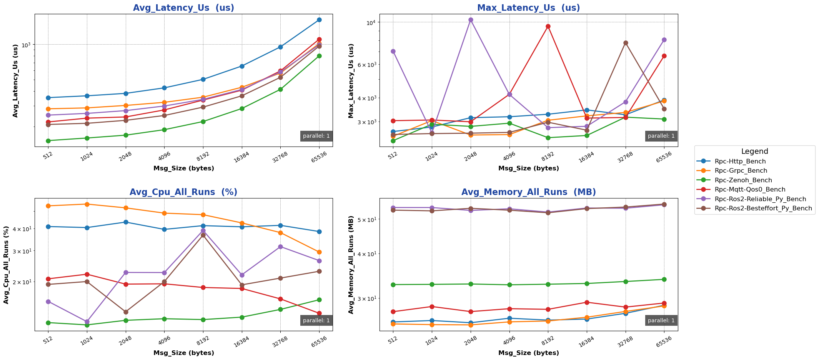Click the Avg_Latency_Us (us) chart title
click(x=183, y=8)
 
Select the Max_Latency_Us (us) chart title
click(x=528, y=8)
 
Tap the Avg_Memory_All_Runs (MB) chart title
click(x=528, y=192)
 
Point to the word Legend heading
click(x=754, y=152)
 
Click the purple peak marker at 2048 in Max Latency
click(x=471, y=20)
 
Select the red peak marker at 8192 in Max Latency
click(x=548, y=27)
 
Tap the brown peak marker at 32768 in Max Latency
click(x=626, y=43)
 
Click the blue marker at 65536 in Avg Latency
click(x=319, y=20)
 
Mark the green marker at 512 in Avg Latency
click(x=48, y=141)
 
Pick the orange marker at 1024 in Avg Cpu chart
click(x=87, y=204)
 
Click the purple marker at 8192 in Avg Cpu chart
click(x=203, y=231)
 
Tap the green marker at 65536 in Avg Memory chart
click(x=664, y=279)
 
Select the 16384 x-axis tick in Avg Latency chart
click(x=242, y=157)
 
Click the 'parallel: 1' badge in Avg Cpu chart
click(x=316, y=320)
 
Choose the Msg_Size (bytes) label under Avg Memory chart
click(x=528, y=353)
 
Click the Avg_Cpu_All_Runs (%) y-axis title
click(x=6, y=265)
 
